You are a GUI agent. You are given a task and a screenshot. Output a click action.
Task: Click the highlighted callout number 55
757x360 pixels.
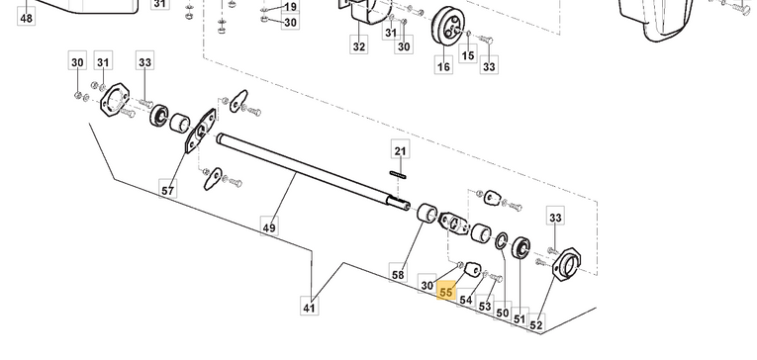click(446, 292)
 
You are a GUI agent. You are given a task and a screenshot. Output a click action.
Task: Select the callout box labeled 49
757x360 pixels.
click(269, 226)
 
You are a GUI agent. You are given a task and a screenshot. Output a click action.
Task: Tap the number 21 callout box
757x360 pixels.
click(400, 151)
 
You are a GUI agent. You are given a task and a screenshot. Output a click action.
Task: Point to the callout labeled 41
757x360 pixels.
click(309, 308)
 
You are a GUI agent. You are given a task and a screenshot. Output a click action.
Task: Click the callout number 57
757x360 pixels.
click(167, 190)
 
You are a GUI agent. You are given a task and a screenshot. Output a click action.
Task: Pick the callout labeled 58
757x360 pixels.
click(398, 275)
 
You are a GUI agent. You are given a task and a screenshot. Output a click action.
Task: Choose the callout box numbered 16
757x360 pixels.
click(443, 66)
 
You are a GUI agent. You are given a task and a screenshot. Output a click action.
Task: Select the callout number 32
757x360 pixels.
click(359, 46)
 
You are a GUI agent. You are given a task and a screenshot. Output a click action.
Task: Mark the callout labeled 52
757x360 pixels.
click(536, 324)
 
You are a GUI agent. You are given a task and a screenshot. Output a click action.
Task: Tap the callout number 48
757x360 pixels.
click(26, 19)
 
